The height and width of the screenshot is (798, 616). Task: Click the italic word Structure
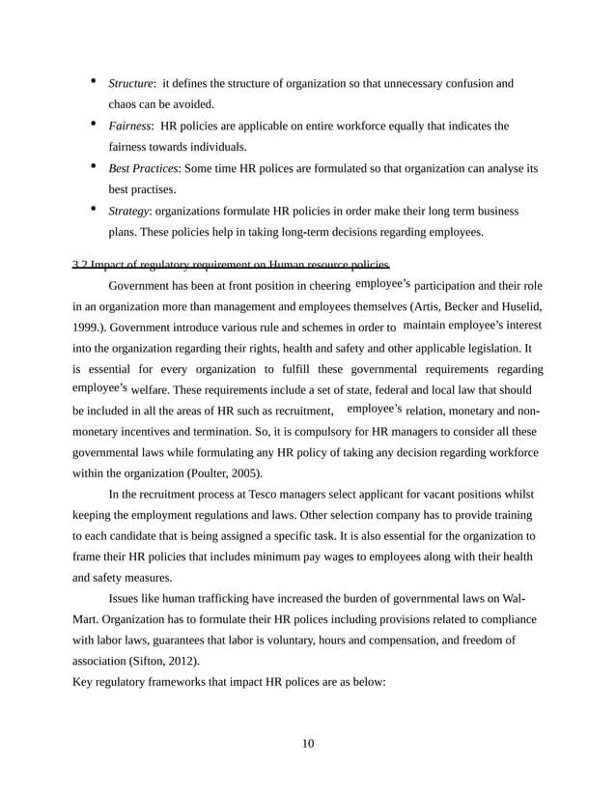click(x=130, y=84)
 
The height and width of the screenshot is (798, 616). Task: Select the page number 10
click(x=308, y=743)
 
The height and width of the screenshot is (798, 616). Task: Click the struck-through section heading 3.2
click(x=232, y=265)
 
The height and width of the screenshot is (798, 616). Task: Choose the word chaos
click(x=123, y=104)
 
